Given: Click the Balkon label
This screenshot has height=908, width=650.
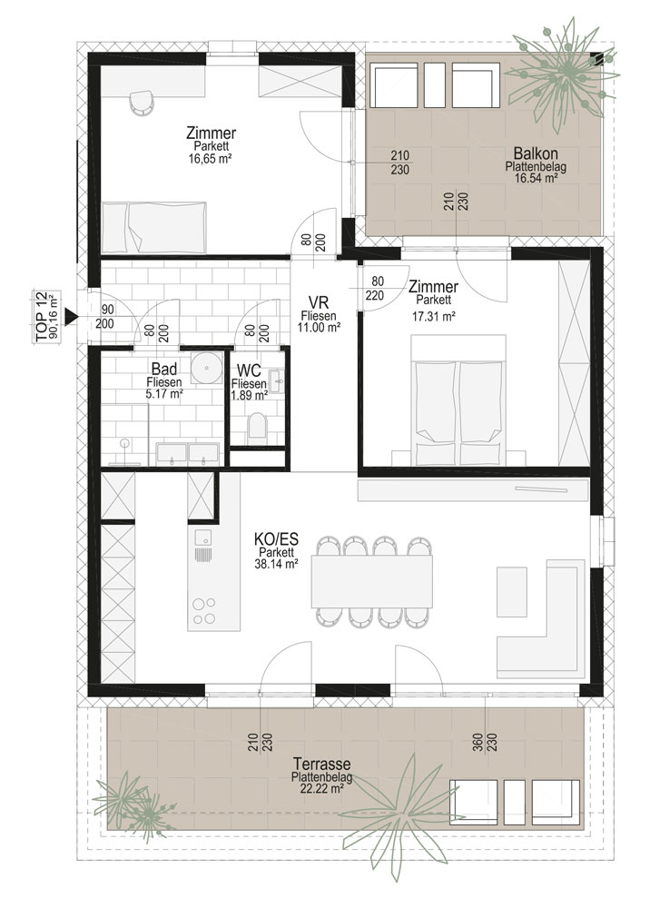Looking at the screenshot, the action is pyautogui.click(x=536, y=153).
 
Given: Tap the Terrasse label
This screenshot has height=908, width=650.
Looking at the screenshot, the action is pyautogui.click(x=321, y=764).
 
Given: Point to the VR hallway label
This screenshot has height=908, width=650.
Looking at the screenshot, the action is pyautogui.click(x=319, y=303).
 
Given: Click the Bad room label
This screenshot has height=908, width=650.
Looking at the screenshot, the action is pyautogui.click(x=163, y=369).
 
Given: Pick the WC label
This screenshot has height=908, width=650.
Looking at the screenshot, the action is pyautogui.click(x=249, y=370).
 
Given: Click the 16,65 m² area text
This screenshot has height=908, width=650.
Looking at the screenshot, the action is pyautogui.click(x=211, y=158).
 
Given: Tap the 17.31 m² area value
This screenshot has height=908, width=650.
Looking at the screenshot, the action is pyautogui.click(x=433, y=316).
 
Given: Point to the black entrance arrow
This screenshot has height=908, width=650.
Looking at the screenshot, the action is pyautogui.click(x=71, y=316).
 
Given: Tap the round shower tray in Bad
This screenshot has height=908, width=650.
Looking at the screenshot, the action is pyautogui.click(x=207, y=366).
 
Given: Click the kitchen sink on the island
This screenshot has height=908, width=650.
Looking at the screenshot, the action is pyautogui.click(x=202, y=545).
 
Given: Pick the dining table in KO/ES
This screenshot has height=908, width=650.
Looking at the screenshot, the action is pyautogui.click(x=371, y=581).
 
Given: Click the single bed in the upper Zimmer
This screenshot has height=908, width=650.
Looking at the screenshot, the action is pyautogui.click(x=154, y=227).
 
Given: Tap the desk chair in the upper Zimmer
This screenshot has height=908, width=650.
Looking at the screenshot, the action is pyautogui.click(x=142, y=103).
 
